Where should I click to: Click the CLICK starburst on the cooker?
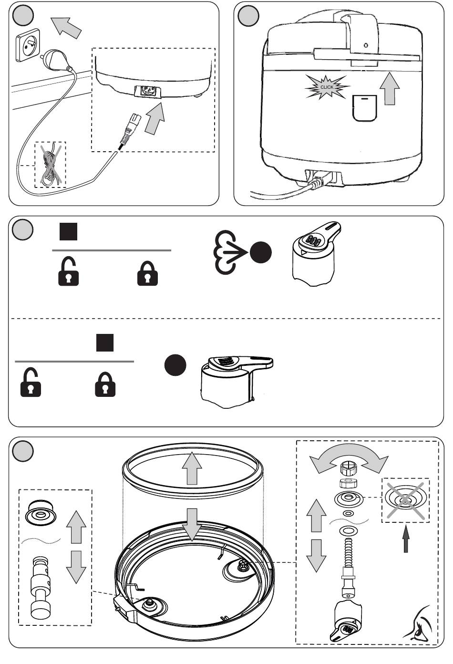coord(327,87)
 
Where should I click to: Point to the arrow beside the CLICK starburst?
coord(390,89)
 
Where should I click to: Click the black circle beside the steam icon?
coord(261,253)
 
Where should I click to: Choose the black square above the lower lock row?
coord(105,343)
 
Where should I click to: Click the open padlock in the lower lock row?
coord(31,384)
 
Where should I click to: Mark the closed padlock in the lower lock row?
coord(105,384)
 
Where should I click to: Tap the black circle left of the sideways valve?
coord(175,365)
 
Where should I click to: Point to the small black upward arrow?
coord(406,539)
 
